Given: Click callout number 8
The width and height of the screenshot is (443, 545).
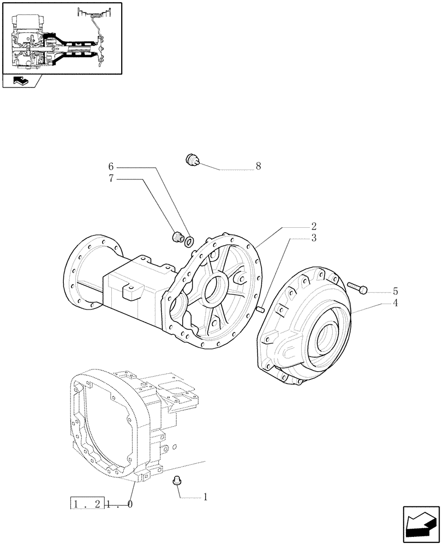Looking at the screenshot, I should (258, 166).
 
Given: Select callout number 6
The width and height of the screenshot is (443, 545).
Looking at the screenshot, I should (111, 166).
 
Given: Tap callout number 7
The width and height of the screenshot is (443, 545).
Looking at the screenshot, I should (111, 178).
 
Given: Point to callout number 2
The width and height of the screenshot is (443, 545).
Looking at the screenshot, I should (314, 226).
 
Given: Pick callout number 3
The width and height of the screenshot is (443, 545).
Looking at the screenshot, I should (314, 238).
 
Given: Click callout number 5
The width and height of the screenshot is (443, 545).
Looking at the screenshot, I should (394, 292).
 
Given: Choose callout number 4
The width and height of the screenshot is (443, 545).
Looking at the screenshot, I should (394, 303).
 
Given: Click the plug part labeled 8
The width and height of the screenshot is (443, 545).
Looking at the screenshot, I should (193, 159).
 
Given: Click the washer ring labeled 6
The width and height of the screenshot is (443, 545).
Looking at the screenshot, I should (189, 241).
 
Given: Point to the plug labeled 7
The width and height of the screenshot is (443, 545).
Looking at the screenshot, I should (177, 237).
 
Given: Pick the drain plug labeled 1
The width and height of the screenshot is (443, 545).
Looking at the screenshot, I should (176, 480).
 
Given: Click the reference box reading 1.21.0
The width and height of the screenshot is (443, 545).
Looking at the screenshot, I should (103, 504).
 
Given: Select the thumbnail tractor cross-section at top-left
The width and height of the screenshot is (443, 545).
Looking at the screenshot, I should (62, 38).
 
